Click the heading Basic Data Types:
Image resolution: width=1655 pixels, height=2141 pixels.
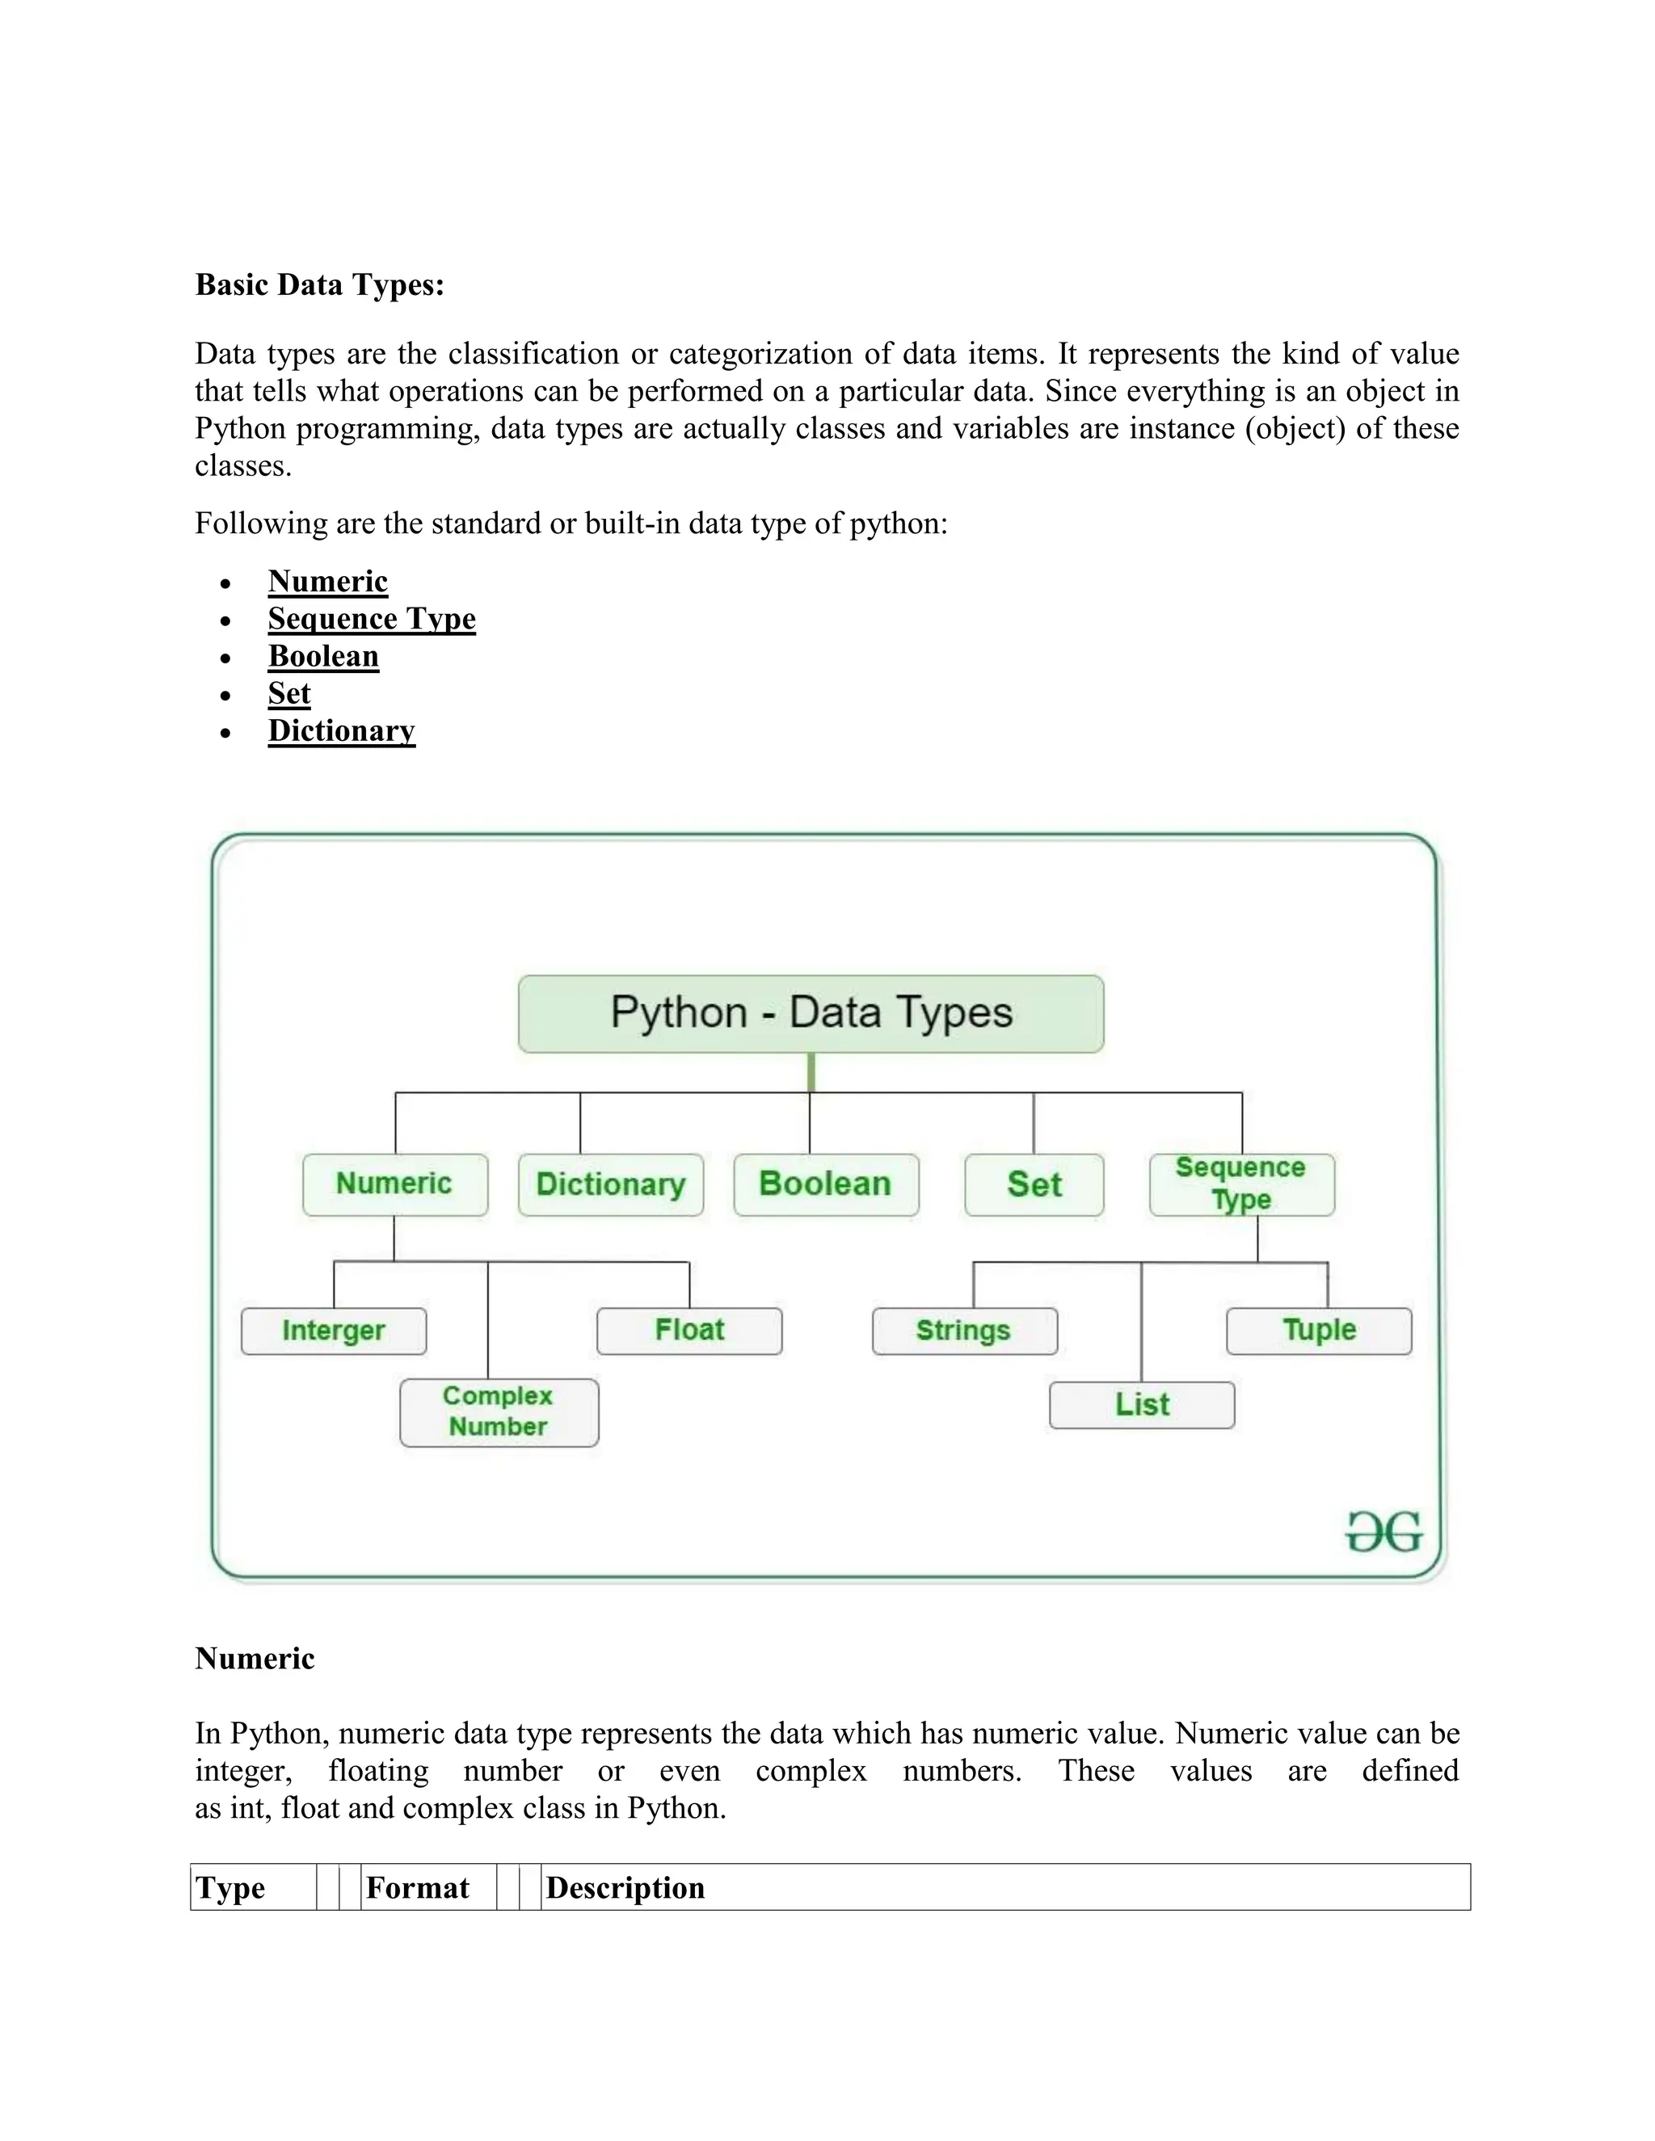click(320, 284)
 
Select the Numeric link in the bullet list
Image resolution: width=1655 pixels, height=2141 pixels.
click(327, 582)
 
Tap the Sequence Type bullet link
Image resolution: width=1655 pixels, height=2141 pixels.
click(372, 619)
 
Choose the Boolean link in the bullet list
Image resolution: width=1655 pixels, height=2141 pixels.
click(323, 656)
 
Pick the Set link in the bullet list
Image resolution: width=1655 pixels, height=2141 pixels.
click(289, 693)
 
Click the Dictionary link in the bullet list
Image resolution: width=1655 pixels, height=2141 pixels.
click(341, 730)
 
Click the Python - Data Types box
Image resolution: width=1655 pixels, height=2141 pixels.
click(811, 1014)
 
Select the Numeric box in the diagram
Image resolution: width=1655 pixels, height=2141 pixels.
click(395, 1184)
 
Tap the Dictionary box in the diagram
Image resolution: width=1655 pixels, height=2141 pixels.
click(611, 1184)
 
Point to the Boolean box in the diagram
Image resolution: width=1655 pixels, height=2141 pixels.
click(826, 1184)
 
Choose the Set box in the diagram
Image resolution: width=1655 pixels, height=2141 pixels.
click(1034, 1184)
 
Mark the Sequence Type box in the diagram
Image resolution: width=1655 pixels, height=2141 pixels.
click(1241, 1184)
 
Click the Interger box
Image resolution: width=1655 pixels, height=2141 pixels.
click(334, 1331)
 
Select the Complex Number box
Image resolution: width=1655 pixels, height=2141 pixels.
click(499, 1411)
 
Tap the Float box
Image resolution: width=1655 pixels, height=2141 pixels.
click(689, 1331)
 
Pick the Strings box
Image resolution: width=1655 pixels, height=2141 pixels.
click(964, 1331)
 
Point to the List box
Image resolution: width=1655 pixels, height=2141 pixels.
click(1141, 1405)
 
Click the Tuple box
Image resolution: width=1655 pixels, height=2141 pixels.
click(1319, 1331)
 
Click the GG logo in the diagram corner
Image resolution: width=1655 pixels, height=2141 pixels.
click(1383, 1532)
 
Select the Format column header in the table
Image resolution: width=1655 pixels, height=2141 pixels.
click(418, 1887)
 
